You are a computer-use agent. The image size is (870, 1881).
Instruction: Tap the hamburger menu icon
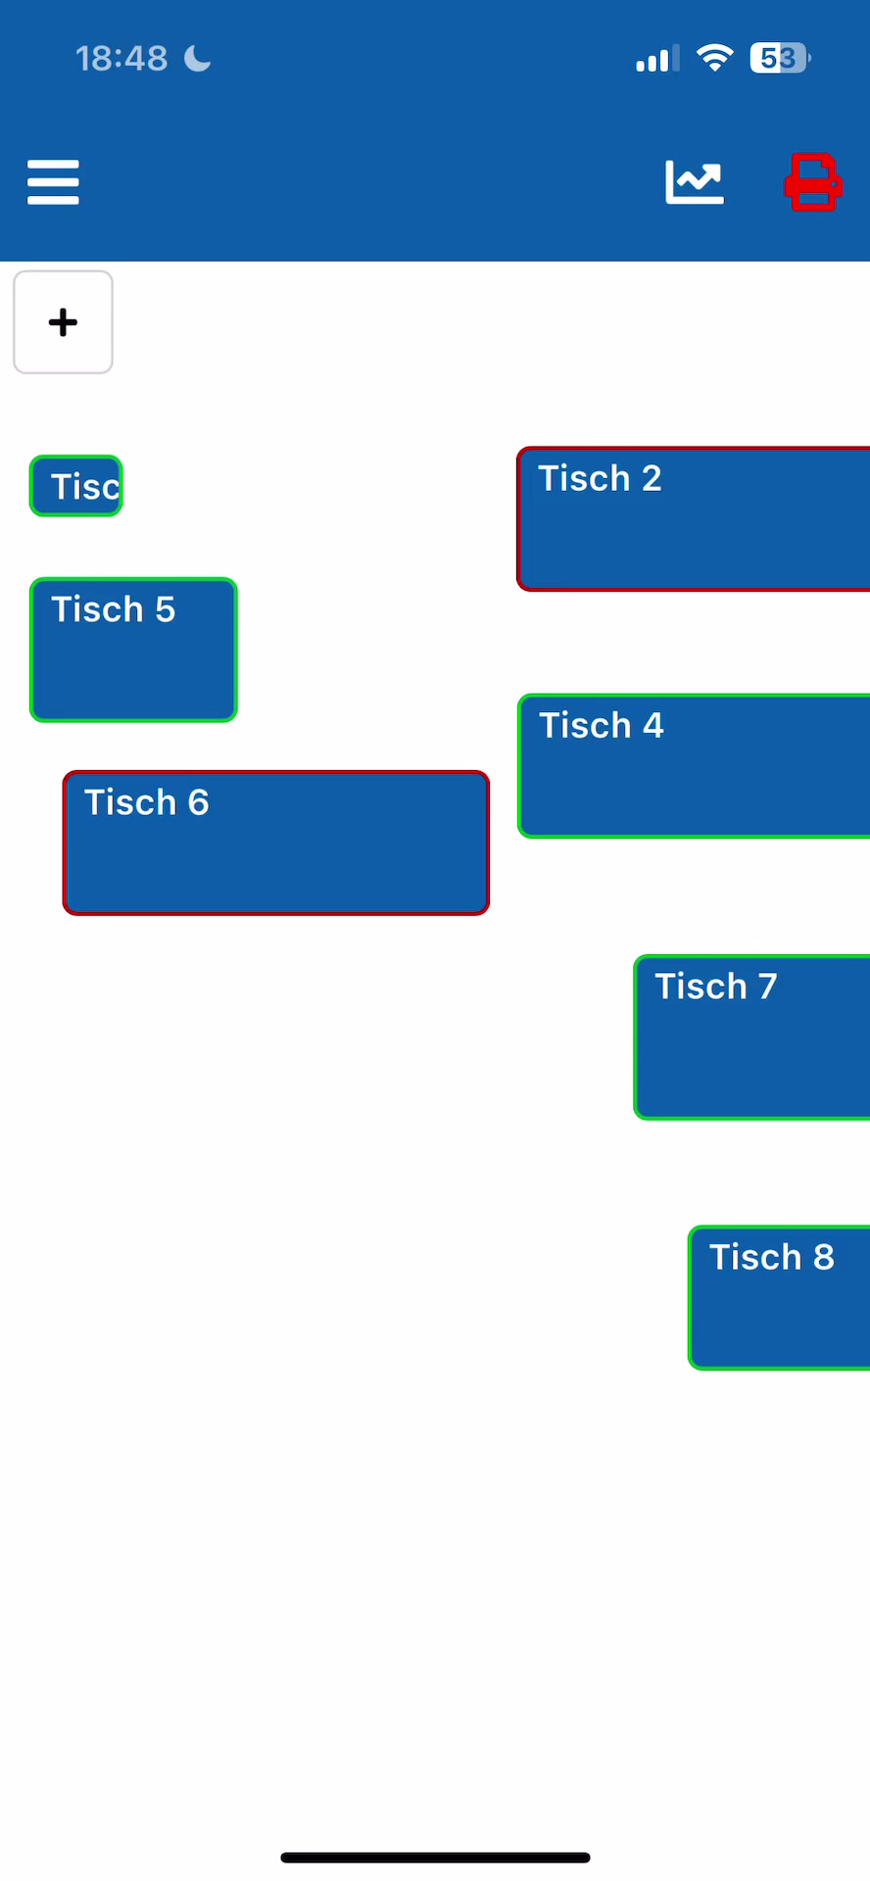pos(53,182)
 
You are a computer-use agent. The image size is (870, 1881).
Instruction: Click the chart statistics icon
pos(695,182)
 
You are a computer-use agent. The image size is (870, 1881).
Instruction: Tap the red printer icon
pos(813,182)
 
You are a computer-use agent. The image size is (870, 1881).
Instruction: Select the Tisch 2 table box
pos(694,519)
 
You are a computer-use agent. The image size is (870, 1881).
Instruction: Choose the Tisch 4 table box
pos(694,766)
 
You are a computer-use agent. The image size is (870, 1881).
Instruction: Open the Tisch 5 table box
pos(133,650)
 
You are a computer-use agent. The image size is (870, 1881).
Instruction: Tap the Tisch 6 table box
pos(276,843)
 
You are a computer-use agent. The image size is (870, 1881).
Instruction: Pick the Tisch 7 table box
pos(752,1037)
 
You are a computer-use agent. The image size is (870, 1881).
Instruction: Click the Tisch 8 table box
pos(780,1297)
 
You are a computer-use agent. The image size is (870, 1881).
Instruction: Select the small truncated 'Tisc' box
pos(75,486)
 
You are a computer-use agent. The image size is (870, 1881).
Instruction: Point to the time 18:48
pos(121,59)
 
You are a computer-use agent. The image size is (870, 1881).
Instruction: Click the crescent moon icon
pos(198,59)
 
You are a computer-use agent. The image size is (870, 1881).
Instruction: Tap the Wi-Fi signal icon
pos(715,58)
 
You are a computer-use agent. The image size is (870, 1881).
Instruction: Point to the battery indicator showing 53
pos(780,59)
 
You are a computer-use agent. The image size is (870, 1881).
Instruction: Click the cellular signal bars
pos(657,59)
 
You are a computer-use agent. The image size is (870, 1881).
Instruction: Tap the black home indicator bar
pos(435,1857)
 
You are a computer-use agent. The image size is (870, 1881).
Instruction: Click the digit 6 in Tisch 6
pos(198,803)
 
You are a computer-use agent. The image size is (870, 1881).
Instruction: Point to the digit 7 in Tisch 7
pos(767,987)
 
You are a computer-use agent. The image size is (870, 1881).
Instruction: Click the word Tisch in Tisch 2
pos(584,478)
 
